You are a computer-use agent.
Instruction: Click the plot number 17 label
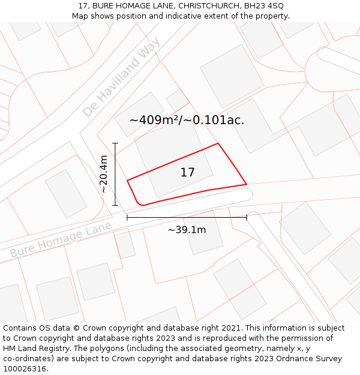(187, 173)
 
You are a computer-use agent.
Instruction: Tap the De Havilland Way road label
(122, 77)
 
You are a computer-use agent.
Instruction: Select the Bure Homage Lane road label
(61, 240)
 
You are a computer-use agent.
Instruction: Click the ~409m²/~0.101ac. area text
(187, 120)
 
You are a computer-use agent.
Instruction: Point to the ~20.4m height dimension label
(104, 174)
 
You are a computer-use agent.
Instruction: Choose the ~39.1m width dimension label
(187, 229)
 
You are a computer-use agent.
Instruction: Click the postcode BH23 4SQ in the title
(264, 6)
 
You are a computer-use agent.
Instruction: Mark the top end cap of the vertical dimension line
(115, 143)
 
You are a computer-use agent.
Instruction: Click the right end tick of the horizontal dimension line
(247, 217)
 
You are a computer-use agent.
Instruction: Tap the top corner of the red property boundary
(218, 143)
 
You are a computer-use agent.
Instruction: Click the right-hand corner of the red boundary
(246, 184)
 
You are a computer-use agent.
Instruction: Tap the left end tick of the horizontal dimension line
(127, 217)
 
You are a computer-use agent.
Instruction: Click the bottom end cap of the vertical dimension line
(115, 206)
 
